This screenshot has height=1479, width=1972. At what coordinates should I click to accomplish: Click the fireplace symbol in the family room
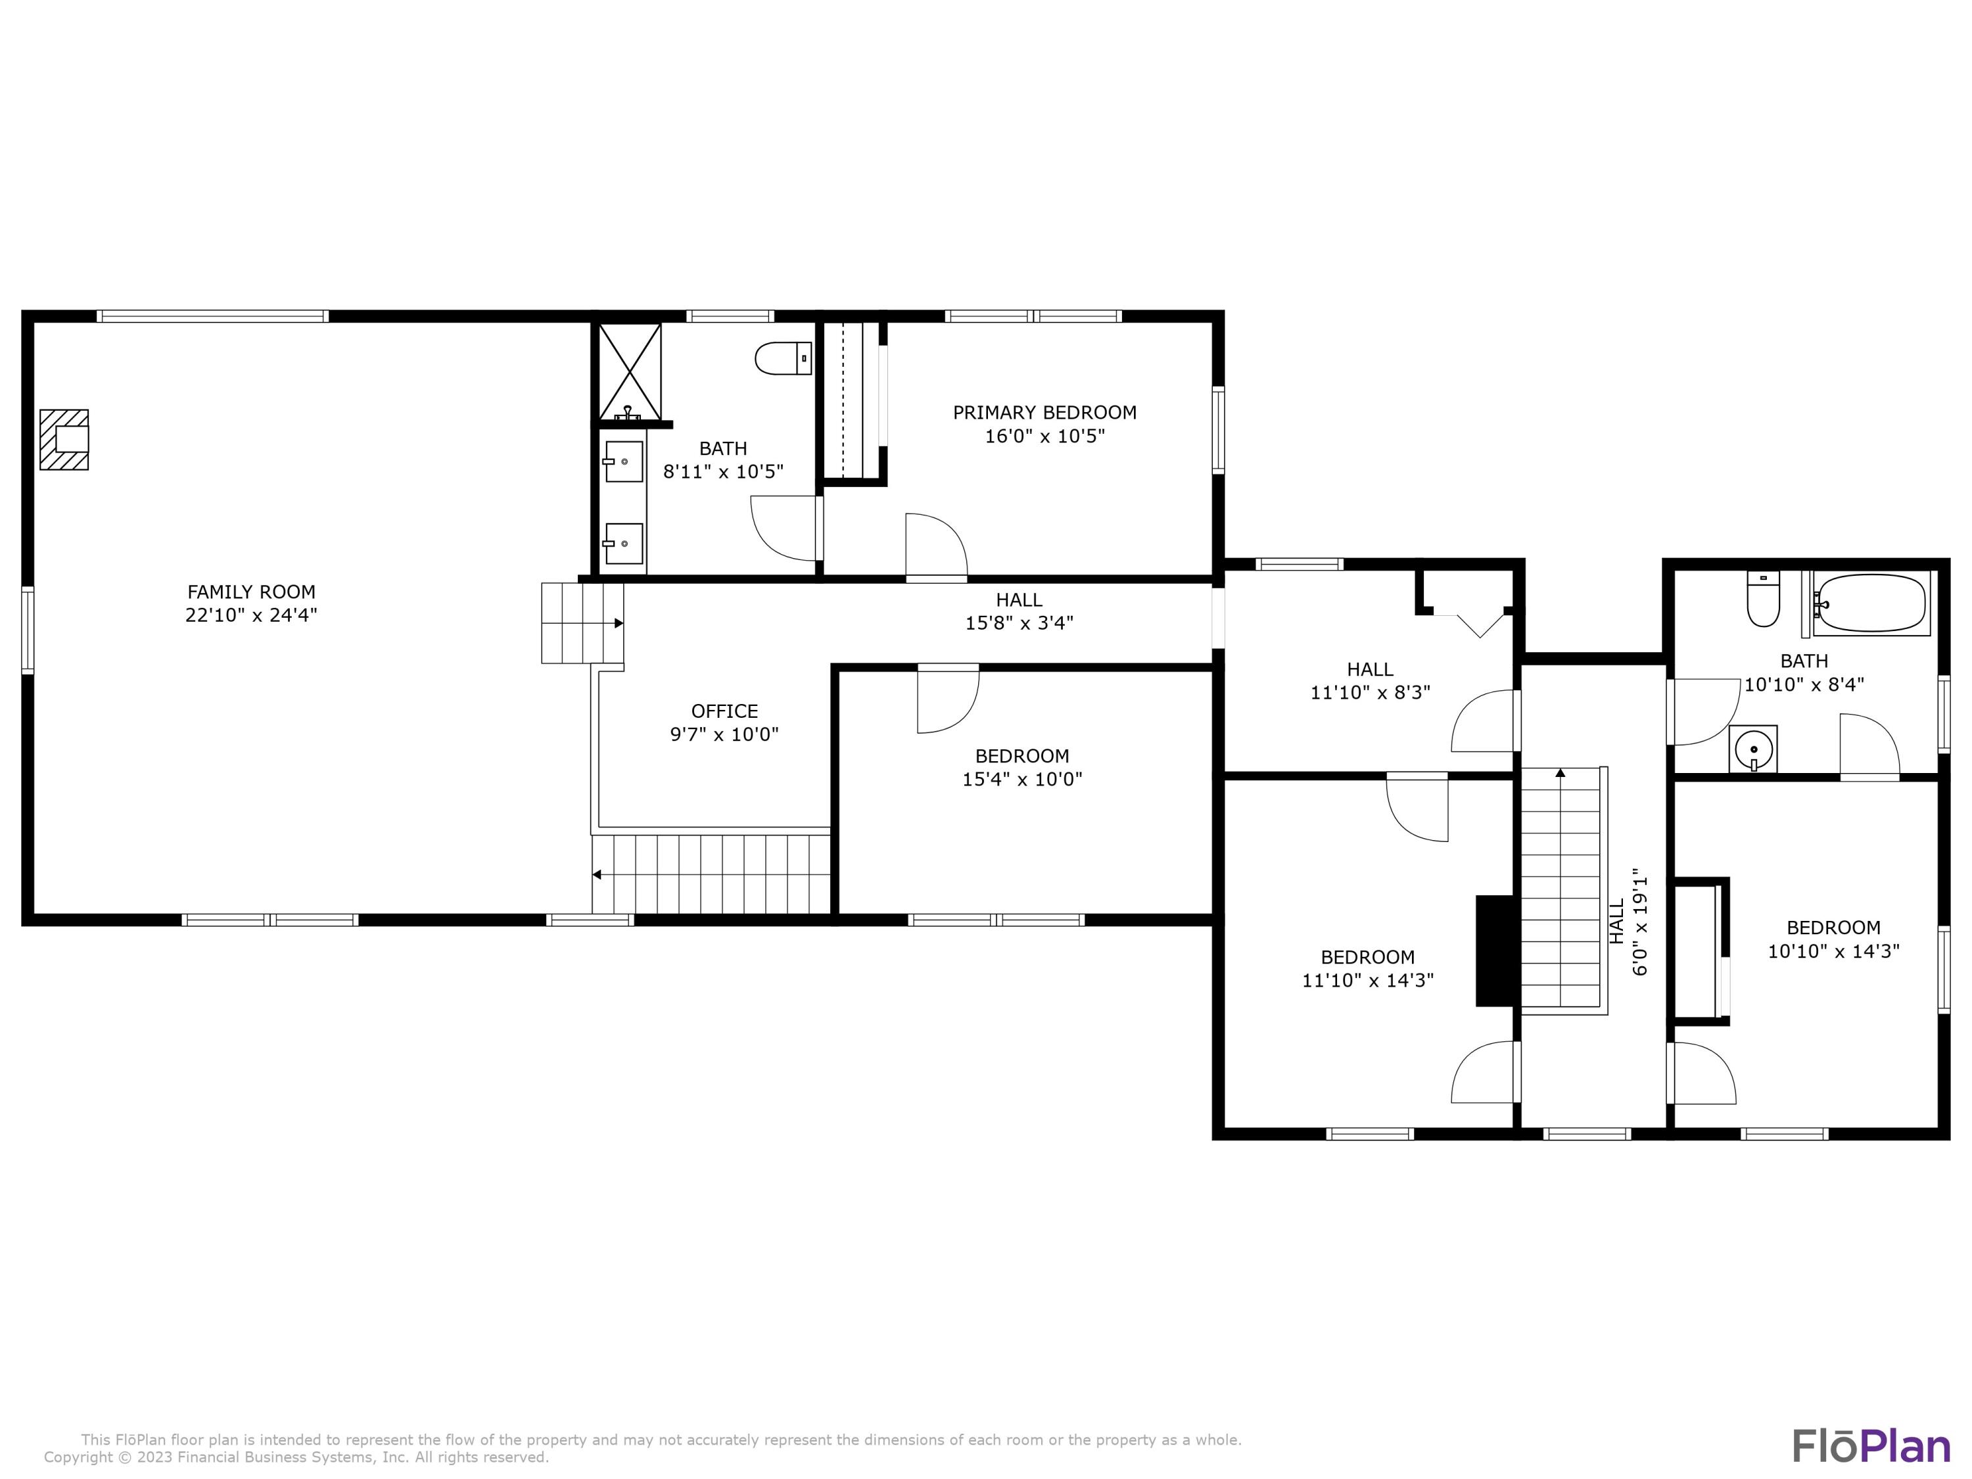pos(64,440)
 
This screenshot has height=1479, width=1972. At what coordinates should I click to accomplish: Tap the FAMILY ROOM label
pos(251,592)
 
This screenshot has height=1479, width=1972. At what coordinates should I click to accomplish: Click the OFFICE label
pos(724,711)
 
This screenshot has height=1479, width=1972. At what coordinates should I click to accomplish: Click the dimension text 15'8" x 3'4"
pos(1019,623)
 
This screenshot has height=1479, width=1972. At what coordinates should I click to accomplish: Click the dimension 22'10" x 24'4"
pos(251,615)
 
